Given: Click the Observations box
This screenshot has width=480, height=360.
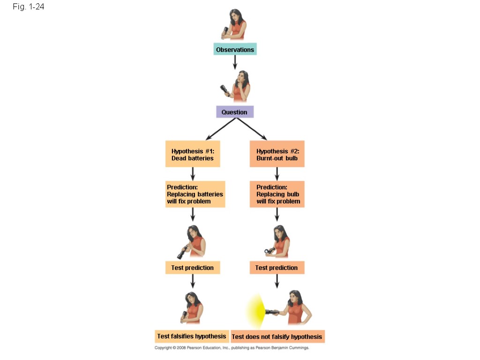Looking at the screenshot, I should pyautogui.click(x=235, y=50).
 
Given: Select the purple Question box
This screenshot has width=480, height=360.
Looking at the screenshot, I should pyautogui.click(x=234, y=112).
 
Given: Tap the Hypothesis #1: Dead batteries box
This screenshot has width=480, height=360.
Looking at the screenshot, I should pyautogui.click(x=193, y=154).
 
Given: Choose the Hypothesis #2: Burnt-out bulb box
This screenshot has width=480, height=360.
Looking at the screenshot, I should pyautogui.click(x=277, y=154).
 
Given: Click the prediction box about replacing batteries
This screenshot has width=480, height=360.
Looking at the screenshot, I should pyautogui.click(x=195, y=194).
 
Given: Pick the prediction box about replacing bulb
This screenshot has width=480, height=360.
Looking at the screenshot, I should pyautogui.click(x=277, y=194).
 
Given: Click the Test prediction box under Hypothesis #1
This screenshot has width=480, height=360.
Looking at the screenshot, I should pyautogui.click(x=193, y=268).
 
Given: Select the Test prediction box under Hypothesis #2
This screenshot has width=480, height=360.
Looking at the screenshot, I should pyautogui.click(x=277, y=268).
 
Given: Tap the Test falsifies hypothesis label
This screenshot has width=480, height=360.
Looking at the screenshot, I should pyautogui.click(x=192, y=336).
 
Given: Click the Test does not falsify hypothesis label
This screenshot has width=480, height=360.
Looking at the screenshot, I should pyautogui.click(x=277, y=337).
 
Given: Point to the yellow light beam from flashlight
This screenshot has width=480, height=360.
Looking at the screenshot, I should pyautogui.click(x=256, y=311).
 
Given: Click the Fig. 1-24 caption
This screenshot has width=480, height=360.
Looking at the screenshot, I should pyautogui.click(x=29, y=7).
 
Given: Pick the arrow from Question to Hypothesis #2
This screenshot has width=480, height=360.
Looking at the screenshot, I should pyautogui.click(x=252, y=129).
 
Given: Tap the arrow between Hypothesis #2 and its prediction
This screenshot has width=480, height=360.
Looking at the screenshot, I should pyautogui.click(x=277, y=174).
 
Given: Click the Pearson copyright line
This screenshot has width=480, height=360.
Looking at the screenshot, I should pyautogui.click(x=232, y=348).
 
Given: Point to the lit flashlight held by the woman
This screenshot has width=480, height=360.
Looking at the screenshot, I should pyautogui.click(x=273, y=312).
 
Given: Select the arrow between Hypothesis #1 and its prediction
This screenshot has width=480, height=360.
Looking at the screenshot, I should pyautogui.click(x=193, y=174).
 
